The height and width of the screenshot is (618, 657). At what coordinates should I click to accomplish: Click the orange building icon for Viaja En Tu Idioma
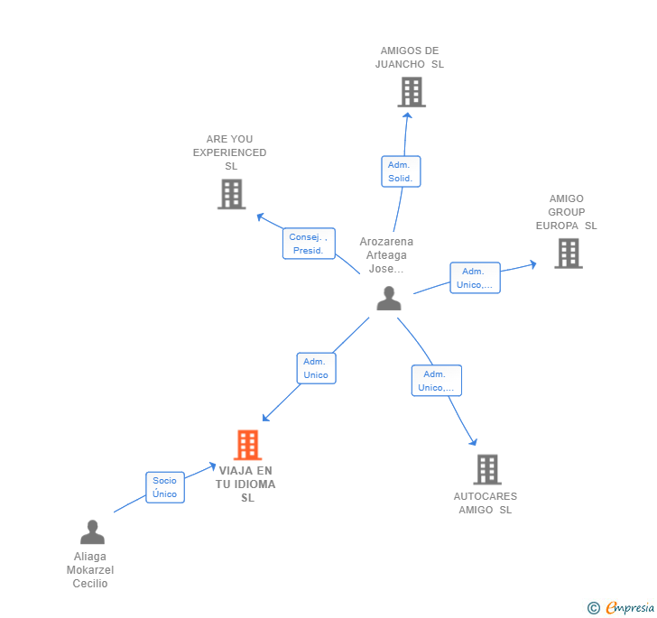tap(247, 445)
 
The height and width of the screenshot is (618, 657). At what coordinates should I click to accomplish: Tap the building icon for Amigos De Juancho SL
tap(412, 92)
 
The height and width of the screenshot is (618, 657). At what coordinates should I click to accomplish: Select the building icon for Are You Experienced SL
tap(231, 194)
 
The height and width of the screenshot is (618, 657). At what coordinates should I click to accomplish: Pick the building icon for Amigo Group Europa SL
tap(569, 254)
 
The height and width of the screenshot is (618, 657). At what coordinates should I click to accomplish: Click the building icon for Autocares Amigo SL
tap(487, 469)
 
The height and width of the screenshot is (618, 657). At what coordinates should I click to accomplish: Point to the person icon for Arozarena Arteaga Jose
tap(389, 299)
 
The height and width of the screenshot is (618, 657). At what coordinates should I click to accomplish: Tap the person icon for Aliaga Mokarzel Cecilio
tap(92, 531)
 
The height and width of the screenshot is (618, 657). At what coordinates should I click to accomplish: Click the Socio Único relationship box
tap(165, 487)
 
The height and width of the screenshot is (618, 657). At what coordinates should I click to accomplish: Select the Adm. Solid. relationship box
tap(401, 171)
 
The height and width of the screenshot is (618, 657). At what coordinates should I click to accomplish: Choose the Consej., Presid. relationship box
tap(309, 244)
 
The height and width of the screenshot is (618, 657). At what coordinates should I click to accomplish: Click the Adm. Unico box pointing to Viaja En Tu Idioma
tap(317, 368)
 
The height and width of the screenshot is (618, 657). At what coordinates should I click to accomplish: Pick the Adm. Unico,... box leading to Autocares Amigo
tap(436, 381)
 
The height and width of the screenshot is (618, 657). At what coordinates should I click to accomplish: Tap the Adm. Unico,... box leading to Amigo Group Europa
tap(475, 278)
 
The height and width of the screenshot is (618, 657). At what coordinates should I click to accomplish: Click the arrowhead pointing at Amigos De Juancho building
tap(407, 115)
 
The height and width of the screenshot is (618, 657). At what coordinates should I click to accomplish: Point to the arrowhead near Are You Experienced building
tap(261, 217)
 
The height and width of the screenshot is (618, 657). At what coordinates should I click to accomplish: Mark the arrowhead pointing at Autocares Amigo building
tap(474, 441)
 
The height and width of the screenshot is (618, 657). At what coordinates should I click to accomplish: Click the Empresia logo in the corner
tap(621, 607)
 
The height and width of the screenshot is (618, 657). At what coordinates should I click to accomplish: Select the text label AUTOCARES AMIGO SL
tap(486, 503)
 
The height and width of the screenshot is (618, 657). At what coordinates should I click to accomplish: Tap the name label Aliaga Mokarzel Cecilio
tap(90, 570)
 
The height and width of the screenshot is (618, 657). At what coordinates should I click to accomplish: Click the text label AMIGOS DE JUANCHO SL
tap(410, 58)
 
